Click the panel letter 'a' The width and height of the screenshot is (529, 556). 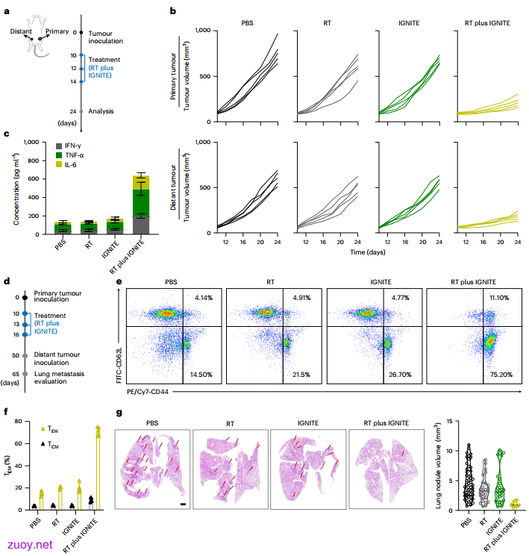coord(7,11)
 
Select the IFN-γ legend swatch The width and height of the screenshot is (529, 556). coord(59,146)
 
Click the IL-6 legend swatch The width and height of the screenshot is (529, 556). coord(59,164)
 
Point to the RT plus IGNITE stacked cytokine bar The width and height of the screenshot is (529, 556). coord(141,204)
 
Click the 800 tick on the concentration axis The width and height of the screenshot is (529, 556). coord(34,160)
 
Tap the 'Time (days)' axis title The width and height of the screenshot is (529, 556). coord(368,252)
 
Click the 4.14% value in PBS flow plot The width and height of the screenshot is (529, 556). coord(204,298)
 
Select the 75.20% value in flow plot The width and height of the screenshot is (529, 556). coord(501,375)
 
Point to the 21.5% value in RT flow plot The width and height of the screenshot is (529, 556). coord(301,375)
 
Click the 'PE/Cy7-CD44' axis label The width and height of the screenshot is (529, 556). coord(148,392)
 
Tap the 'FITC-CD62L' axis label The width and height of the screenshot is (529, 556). coord(119,365)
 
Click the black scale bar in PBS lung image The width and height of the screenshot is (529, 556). coord(183,504)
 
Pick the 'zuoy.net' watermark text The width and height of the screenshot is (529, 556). coord(30,545)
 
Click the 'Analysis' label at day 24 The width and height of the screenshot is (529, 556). coord(101,111)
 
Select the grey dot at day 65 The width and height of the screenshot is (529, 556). coord(25,374)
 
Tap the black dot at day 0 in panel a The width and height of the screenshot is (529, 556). coord(81,32)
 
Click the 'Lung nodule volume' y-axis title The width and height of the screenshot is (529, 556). coord(438,466)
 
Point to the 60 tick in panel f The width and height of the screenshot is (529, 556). coord(19,443)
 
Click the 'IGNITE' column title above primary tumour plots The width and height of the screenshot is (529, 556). coord(409,23)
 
